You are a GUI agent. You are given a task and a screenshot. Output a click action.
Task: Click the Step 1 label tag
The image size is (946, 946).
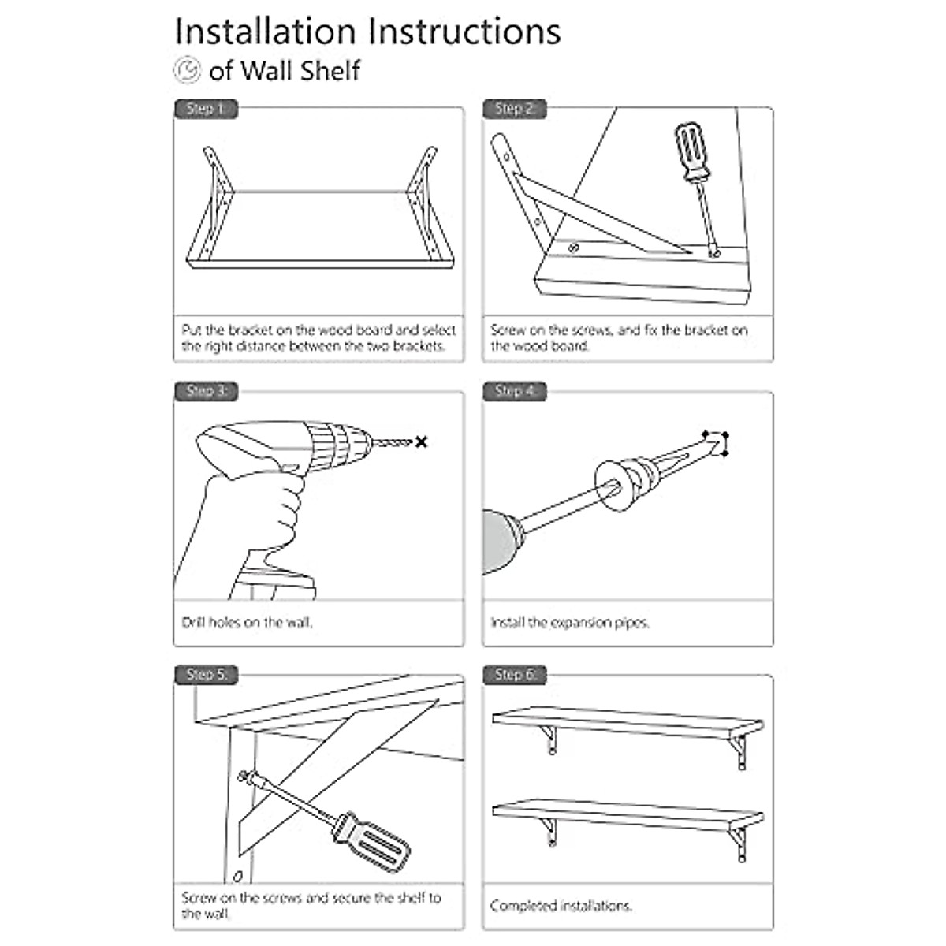click(205, 109)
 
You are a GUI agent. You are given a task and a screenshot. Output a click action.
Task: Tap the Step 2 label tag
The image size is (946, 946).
click(514, 109)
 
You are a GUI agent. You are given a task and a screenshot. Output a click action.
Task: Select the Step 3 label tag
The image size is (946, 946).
click(206, 391)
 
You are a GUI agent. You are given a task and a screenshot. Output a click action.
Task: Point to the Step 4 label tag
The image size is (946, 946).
click(514, 391)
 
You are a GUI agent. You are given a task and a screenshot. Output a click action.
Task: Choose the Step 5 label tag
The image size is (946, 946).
click(206, 675)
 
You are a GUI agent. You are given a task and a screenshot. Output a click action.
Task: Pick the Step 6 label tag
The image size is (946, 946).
click(514, 675)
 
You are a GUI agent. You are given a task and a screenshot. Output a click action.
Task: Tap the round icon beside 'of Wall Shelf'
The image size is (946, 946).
click(188, 69)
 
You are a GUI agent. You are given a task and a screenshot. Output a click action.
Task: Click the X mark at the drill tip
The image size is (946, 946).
click(422, 442)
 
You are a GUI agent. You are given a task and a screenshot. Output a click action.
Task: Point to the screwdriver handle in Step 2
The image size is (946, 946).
click(691, 151)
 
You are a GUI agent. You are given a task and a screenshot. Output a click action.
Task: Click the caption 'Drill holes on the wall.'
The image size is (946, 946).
click(247, 623)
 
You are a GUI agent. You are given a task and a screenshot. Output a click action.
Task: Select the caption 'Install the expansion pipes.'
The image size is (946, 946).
click(569, 623)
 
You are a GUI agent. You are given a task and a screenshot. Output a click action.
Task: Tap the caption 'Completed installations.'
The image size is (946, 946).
click(561, 906)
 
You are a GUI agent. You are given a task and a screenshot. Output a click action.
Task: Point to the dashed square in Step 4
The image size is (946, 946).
click(716, 443)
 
